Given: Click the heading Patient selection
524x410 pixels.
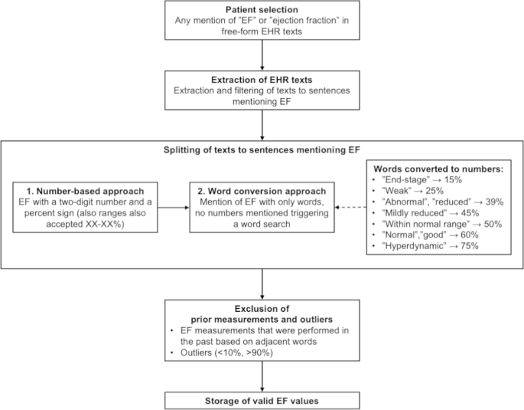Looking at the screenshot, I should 262,8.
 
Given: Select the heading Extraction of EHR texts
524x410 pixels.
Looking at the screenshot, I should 262,79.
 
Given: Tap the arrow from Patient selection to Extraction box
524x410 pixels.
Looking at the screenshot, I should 262,54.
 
